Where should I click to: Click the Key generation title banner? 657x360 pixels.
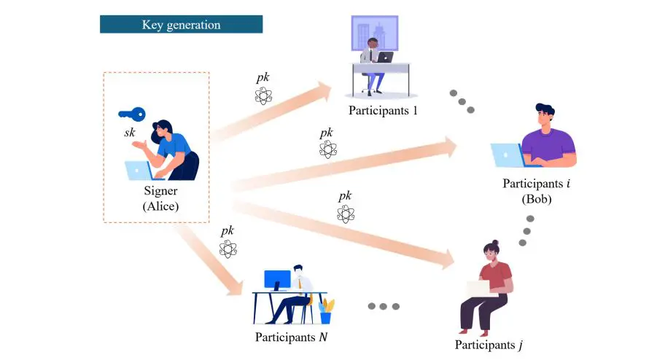181,25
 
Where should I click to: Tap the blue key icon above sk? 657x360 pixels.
132,114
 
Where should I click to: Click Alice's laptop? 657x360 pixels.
139,171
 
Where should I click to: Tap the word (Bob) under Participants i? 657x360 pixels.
537,198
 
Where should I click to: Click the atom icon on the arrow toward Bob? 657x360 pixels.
328,150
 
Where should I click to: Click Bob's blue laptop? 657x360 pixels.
506,155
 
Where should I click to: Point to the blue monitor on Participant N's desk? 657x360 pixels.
277,280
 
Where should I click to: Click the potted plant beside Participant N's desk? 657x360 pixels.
326,311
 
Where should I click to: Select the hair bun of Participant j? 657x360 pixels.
495,243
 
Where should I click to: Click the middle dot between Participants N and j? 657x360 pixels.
384,306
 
